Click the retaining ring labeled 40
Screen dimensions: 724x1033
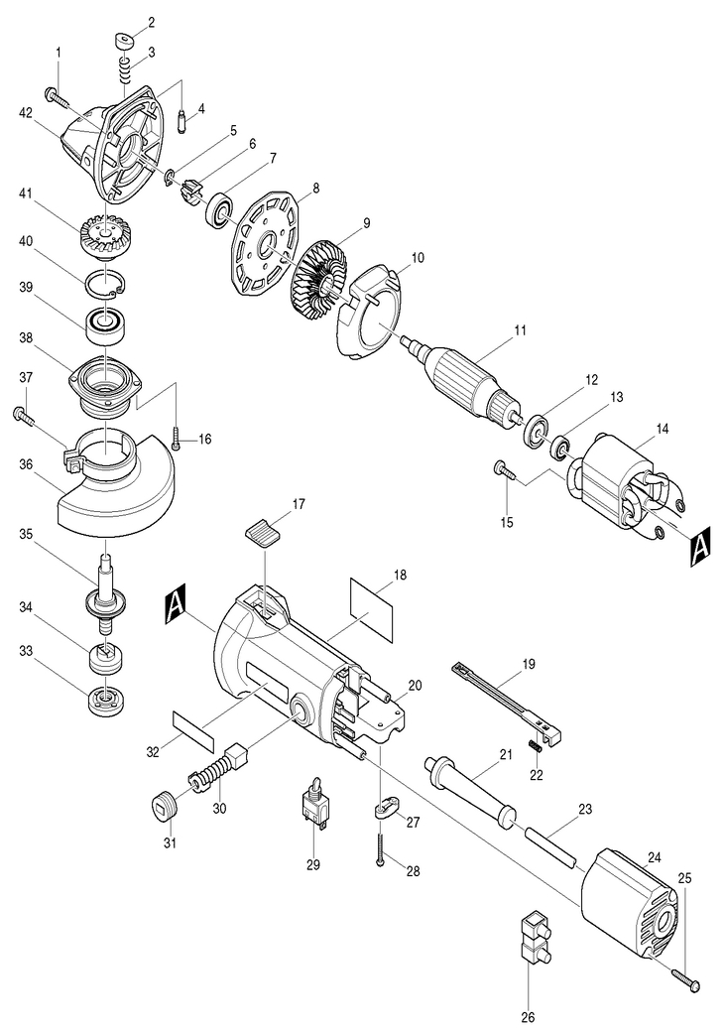coord(106,285)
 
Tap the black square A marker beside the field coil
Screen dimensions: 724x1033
coord(699,546)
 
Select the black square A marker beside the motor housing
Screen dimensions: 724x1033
coord(176,604)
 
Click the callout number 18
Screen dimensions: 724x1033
coord(399,575)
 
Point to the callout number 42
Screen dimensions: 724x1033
coord(26,112)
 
